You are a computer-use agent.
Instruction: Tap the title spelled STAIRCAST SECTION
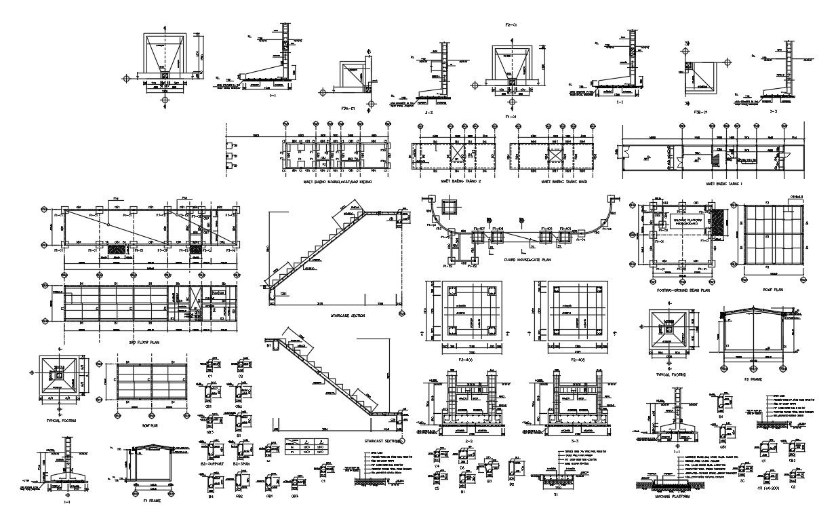tap(374, 440)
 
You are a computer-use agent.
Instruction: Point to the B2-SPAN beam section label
tap(243, 463)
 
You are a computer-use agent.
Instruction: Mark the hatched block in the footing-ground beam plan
tap(719, 223)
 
